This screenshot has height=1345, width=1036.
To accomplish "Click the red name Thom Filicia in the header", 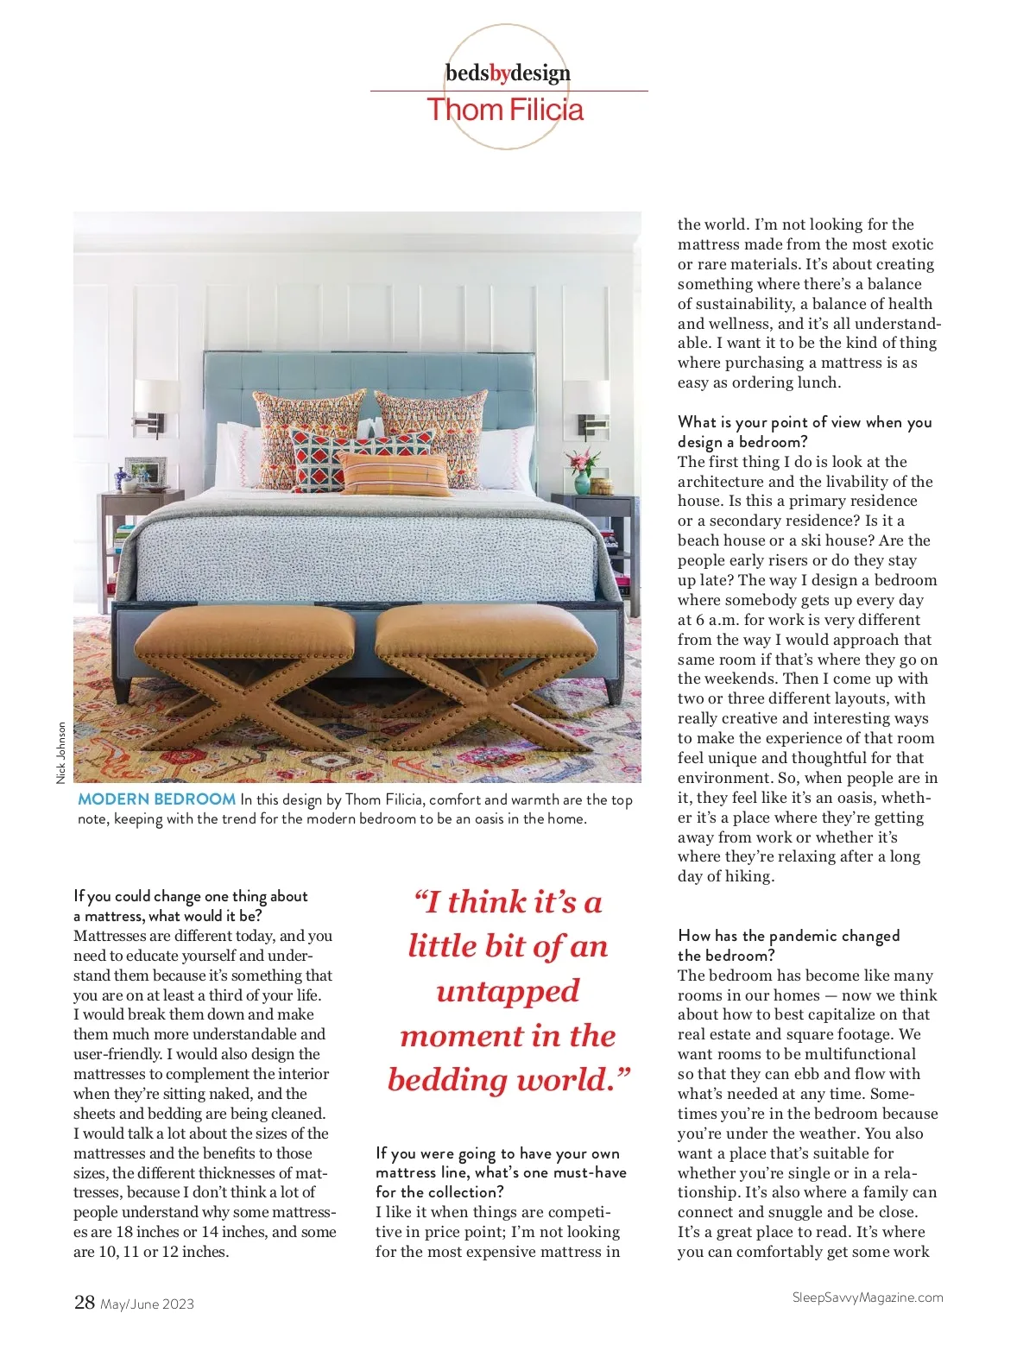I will [x=505, y=111].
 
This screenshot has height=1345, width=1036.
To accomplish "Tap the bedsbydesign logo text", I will [x=508, y=73].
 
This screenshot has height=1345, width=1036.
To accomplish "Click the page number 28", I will [x=85, y=1302].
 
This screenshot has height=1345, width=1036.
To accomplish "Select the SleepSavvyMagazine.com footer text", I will [x=868, y=1297].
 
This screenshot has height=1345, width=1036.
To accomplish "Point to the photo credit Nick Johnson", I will [x=61, y=753].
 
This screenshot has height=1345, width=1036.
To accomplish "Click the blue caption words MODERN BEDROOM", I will [x=156, y=799].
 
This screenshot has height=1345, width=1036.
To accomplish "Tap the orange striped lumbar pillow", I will [x=395, y=473].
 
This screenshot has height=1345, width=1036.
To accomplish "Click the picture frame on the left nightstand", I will [x=145, y=472].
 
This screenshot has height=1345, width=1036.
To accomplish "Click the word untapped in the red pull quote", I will [x=508, y=991].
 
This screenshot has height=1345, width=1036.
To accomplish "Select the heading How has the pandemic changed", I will [x=788, y=936].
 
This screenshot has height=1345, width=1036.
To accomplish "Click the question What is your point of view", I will [x=804, y=422].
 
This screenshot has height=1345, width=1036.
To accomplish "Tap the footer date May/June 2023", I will [x=147, y=1304].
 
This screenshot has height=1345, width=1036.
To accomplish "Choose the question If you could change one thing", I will [x=190, y=896].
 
